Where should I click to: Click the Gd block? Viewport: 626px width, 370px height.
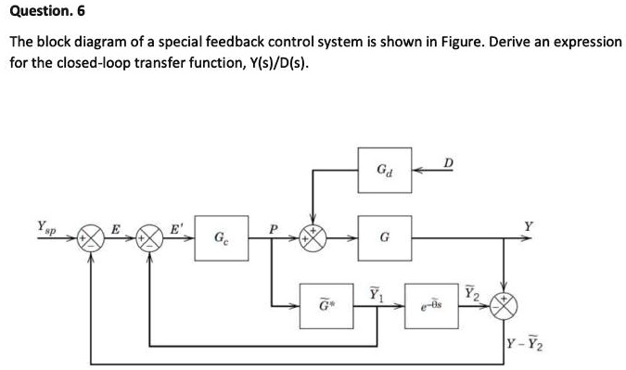coord(384,171)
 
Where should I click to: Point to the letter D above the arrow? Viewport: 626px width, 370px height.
coord(450,164)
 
